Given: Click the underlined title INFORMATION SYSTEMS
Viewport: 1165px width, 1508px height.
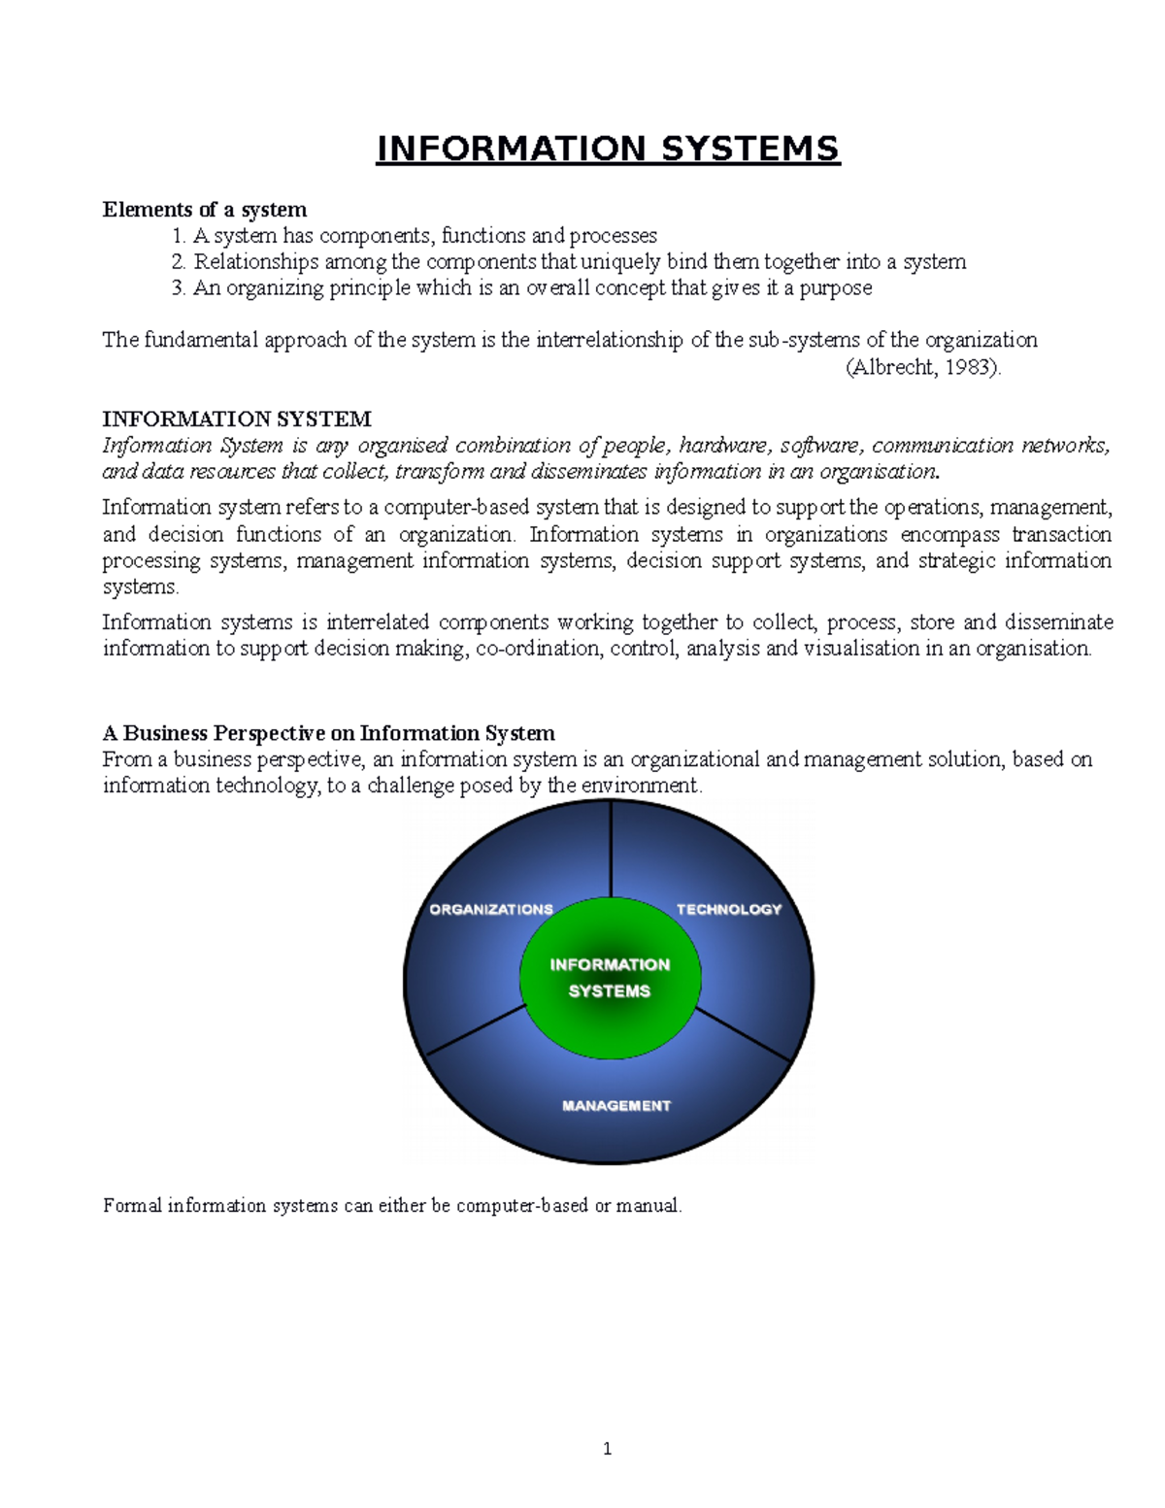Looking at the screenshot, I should pos(608,149).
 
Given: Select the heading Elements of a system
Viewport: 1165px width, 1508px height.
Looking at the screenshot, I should pos(205,210).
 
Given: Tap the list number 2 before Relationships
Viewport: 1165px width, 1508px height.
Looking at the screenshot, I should pos(178,262).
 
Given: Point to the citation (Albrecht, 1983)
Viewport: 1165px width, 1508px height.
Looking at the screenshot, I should pos(922,367).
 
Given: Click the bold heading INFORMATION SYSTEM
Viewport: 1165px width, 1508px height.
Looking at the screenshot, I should pos(237,419).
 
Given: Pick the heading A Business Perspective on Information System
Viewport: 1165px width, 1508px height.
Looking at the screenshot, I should pos(328,733).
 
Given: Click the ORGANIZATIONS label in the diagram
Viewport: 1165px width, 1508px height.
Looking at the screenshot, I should pos(491,910).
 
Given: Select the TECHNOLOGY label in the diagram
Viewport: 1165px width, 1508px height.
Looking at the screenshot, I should pos(728,910).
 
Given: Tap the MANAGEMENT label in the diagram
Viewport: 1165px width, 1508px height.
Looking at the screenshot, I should pos(616,1106).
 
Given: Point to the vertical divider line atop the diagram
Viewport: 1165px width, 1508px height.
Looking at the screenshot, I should pos(611,850).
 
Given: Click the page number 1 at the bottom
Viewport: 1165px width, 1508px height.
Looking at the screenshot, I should pos(608,1450).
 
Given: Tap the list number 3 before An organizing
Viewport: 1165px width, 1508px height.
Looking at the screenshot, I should pos(178,288).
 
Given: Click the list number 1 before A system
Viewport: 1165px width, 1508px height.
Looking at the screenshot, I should pos(178,236).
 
